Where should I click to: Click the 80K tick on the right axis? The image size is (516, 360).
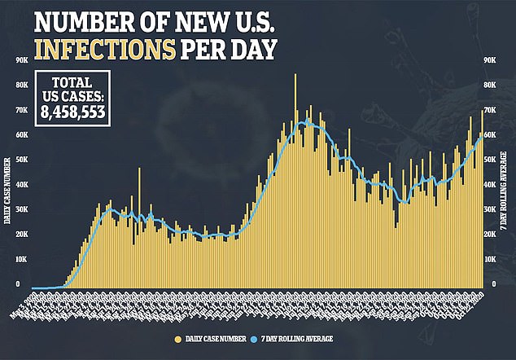point(490,85)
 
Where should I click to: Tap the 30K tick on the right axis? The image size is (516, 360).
point(490,209)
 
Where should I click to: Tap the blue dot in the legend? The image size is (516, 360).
point(255,337)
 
